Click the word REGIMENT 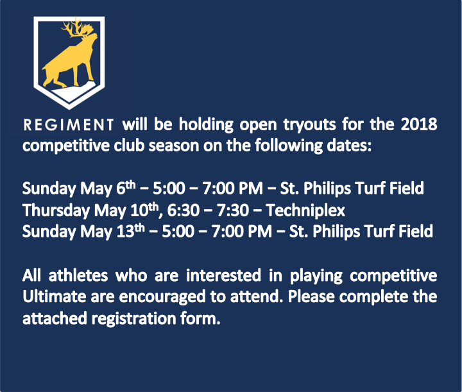point(69,125)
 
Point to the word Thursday point(56,211)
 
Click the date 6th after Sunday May point(126,187)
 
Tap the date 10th point(144,210)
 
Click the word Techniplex point(305,211)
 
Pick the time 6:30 point(184,210)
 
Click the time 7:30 point(233,210)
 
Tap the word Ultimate point(54,296)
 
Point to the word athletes point(78,275)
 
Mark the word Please point(311,296)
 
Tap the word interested point(223,275)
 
